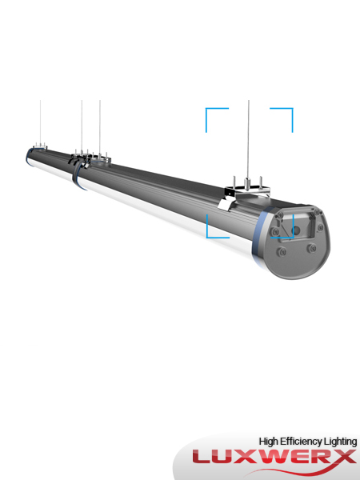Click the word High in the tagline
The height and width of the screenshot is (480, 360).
[270, 441]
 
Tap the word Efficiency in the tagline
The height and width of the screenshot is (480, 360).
[303, 441]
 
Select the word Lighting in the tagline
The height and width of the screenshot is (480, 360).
[341, 441]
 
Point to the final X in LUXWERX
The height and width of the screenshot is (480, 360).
[344, 457]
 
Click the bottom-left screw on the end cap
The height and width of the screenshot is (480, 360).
[280, 252]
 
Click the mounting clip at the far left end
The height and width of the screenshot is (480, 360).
[38, 150]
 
